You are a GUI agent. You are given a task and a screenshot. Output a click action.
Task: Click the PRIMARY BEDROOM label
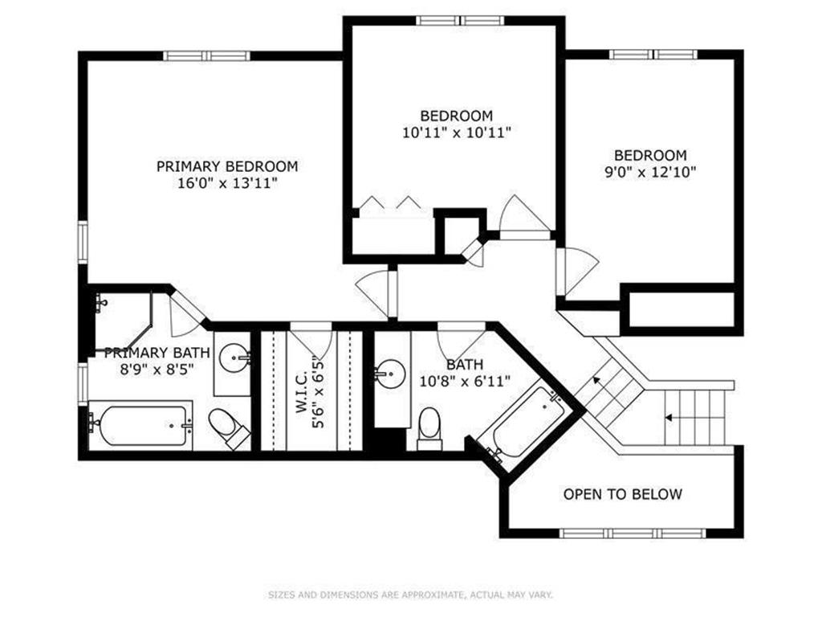227,166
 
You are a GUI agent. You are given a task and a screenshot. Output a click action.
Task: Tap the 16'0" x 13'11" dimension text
227,184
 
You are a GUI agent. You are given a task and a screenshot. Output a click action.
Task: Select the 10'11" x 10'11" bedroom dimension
456,133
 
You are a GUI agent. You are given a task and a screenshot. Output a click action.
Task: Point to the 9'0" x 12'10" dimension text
650,172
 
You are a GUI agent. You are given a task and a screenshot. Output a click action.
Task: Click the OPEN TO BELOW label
623,494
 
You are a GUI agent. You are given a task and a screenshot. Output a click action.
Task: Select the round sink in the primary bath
234,358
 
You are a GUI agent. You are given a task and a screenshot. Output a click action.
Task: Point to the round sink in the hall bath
390,374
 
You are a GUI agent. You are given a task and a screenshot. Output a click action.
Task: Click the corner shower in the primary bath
123,321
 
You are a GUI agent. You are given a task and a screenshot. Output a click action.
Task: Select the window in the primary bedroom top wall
206,55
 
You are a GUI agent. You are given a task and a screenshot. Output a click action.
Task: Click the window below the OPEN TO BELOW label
633,533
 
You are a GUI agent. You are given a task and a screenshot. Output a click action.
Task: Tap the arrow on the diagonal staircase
596,379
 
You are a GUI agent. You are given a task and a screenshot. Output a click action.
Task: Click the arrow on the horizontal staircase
669,418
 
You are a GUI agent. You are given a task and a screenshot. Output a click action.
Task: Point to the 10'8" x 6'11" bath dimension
465,382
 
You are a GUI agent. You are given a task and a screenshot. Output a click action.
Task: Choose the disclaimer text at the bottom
410,595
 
